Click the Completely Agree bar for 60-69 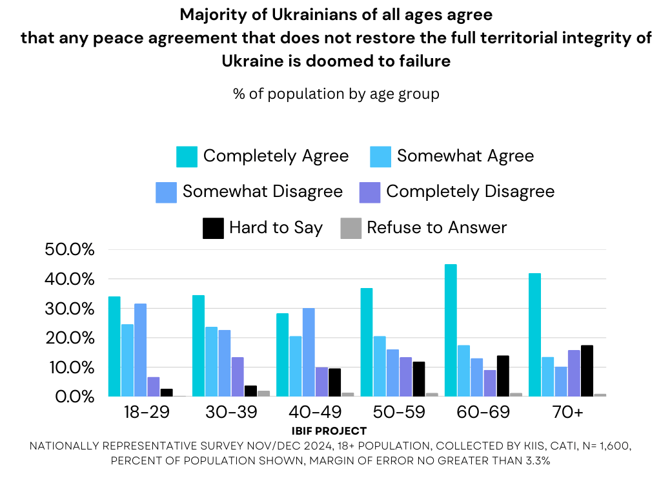(x=451, y=330)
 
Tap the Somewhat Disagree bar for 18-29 (x=140, y=350)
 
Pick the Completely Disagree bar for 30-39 (x=237, y=377)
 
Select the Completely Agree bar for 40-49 (x=283, y=355)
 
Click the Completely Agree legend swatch (x=187, y=156)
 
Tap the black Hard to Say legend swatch (x=213, y=228)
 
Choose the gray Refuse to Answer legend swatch (x=351, y=228)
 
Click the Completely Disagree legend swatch (x=370, y=192)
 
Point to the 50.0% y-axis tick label (x=69, y=250)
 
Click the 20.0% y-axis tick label (x=69, y=338)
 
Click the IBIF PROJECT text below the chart (x=329, y=431)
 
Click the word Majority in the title (x=210, y=14)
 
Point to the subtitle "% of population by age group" (x=336, y=94)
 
